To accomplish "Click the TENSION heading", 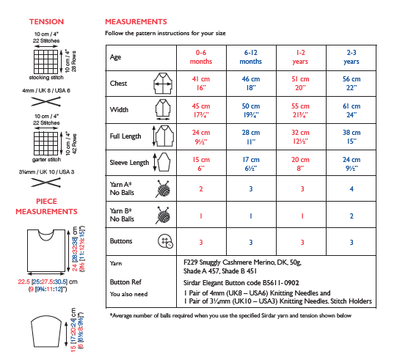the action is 46,22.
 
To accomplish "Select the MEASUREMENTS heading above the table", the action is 136,22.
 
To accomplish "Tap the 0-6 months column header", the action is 201,57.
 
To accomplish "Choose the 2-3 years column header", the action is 352,57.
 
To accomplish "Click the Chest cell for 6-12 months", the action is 251,84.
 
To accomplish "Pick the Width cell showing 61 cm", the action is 352,110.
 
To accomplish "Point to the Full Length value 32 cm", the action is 300,136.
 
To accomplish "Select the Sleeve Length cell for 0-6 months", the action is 201,164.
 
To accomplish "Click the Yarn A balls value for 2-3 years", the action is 352,188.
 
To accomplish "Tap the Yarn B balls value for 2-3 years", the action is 352,216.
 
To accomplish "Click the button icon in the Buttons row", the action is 165,240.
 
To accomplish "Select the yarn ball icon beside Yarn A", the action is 163,188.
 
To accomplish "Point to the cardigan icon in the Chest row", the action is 163,84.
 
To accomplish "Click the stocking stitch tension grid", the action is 45,62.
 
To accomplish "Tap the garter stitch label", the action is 46,160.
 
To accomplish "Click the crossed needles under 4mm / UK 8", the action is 45,101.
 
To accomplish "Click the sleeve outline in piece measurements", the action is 46,331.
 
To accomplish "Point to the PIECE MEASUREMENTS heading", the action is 46,207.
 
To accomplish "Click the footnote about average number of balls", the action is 230,315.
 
